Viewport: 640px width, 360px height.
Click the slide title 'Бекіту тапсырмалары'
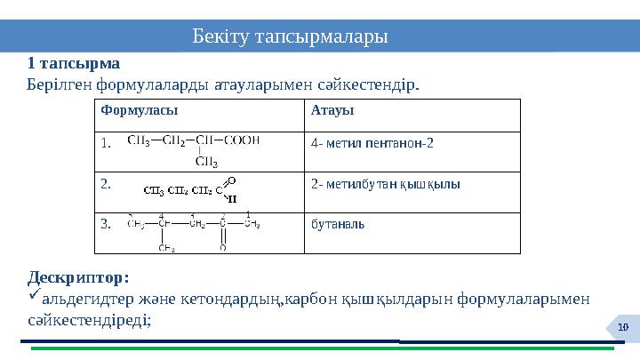point(290,37)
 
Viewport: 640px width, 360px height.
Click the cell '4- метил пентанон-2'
point(372,142)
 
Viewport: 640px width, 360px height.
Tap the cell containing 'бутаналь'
point(337,222)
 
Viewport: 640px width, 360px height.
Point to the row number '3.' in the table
point(106,224)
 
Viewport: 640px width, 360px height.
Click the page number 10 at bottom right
point(624,330)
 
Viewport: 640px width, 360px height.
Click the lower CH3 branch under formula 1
point(206,162)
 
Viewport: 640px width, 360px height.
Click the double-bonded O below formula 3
point(222,249)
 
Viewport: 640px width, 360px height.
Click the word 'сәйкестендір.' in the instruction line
point(374,84)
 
